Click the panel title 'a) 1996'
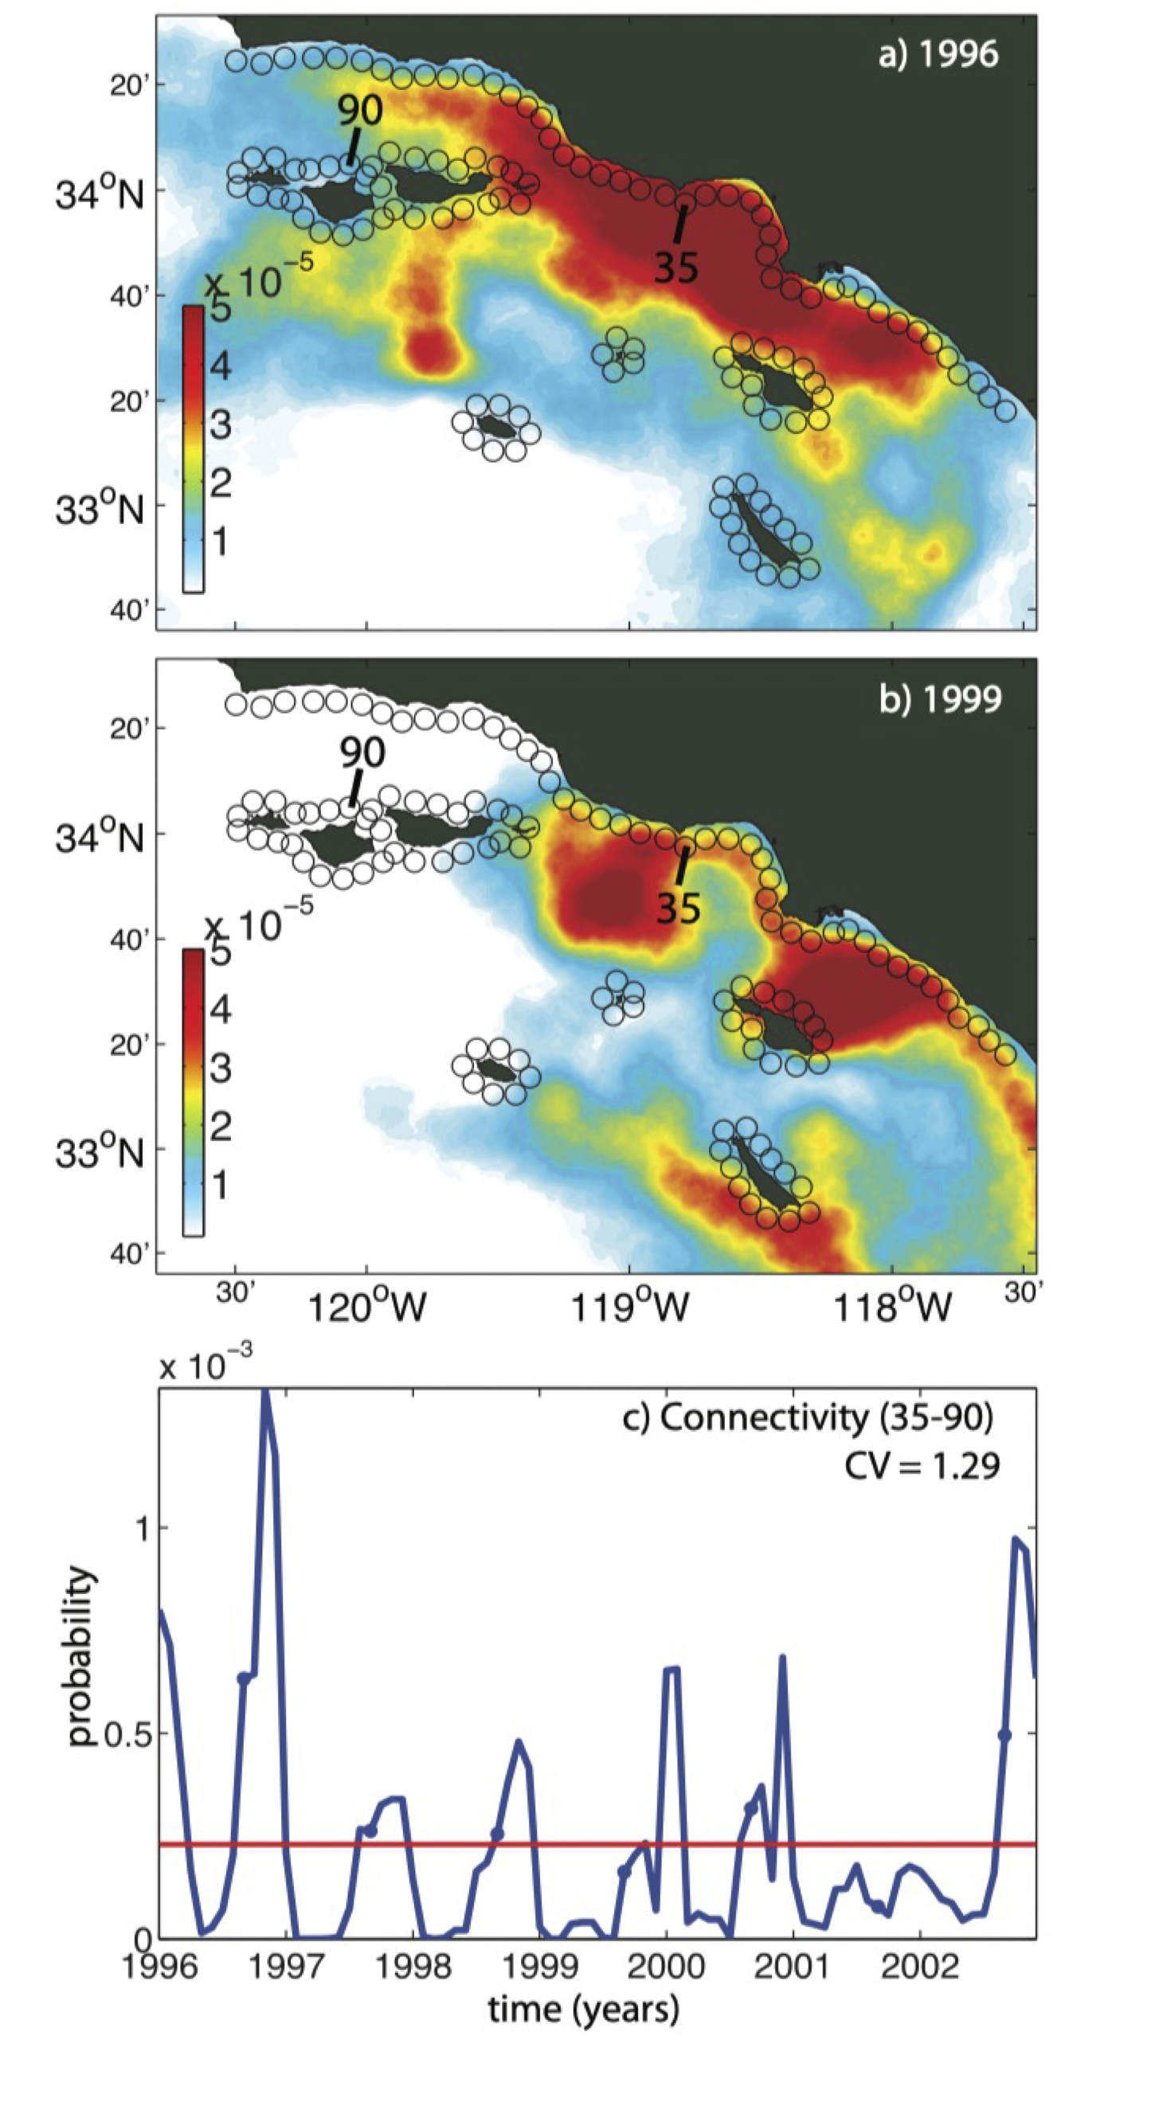coord(938,55)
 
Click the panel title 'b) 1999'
coord(940,701)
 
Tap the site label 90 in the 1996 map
coord(360,111)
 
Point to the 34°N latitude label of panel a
coord(99,194)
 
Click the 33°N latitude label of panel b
coord(99,1153)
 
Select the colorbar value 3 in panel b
coord(219,1069)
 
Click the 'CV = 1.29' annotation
coord(922,1466)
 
